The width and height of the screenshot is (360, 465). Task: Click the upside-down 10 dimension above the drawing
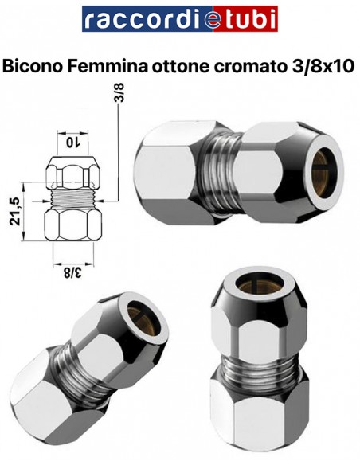74,141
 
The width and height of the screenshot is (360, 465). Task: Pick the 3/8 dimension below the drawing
74,272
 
